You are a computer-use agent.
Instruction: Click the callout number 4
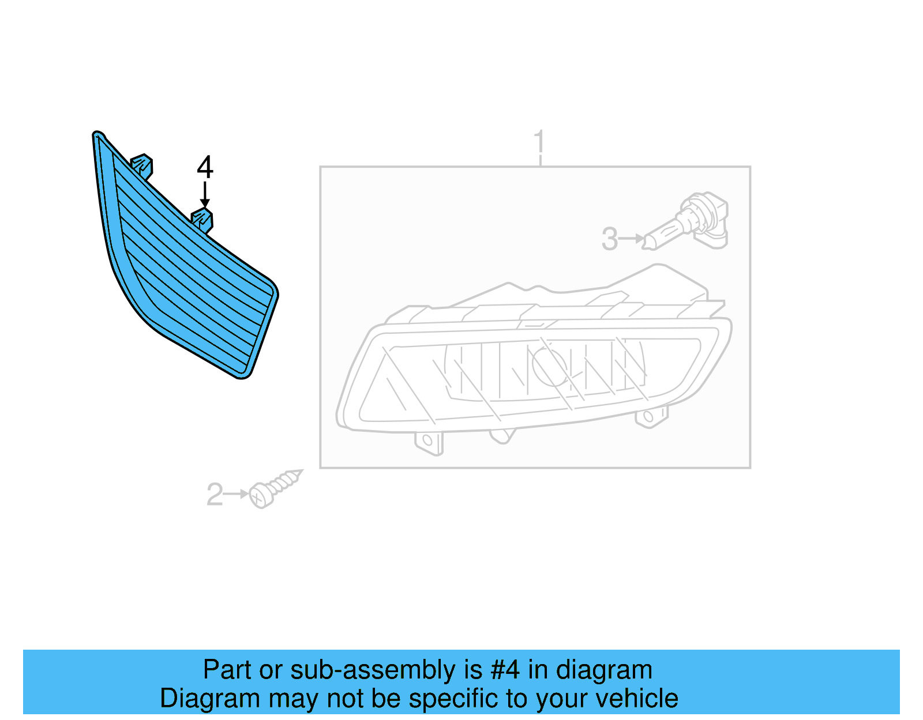[205, 167]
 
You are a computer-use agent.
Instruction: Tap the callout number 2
[215, 495]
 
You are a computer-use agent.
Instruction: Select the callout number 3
[609, 239]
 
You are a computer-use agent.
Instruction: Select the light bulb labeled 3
[689, 225]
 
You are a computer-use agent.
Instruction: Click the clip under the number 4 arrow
[202, 220]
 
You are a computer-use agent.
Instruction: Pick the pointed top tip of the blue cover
[97, 135]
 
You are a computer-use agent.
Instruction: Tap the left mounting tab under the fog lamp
[429, 442]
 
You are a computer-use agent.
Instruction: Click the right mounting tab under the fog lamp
[650, 417]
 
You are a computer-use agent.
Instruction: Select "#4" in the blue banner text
[505, 670]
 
